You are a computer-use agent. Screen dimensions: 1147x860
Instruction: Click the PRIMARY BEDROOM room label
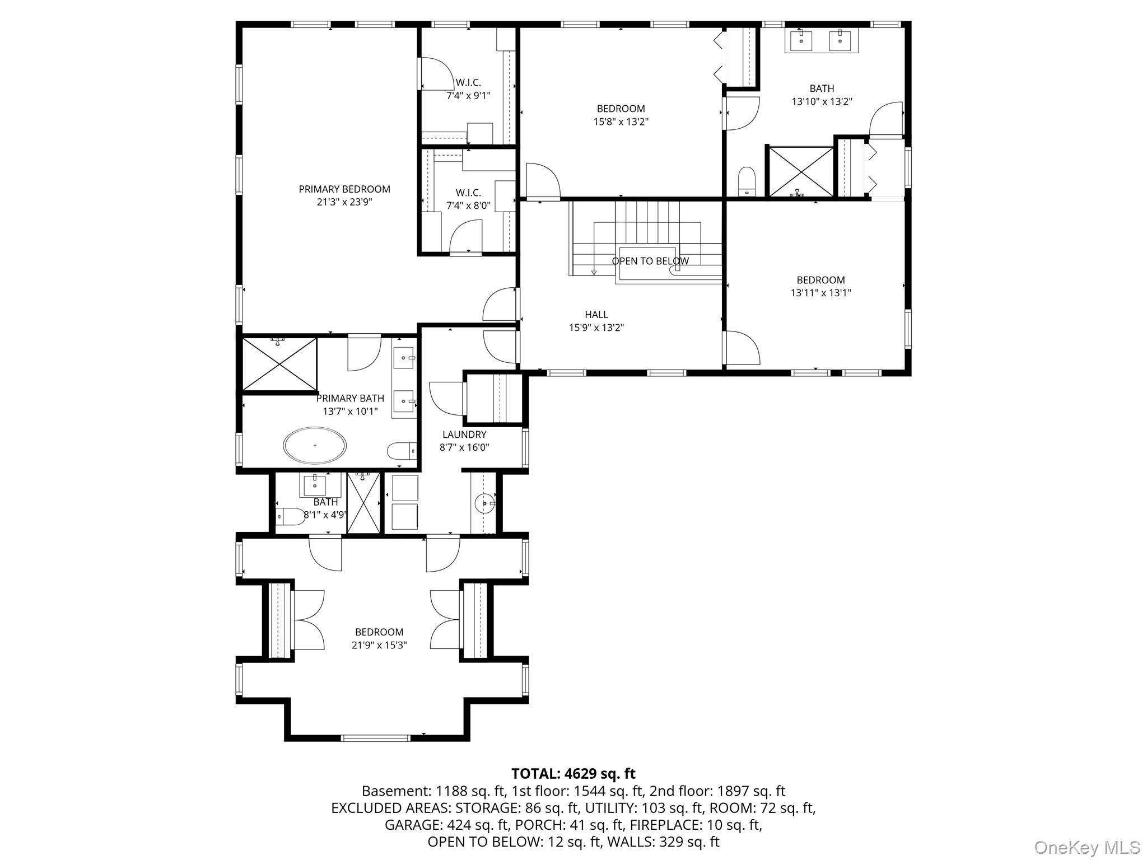pyautogui.click(x=344, y=189)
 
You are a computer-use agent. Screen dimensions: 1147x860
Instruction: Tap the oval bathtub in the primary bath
pyautogui.click(x=315, y=446)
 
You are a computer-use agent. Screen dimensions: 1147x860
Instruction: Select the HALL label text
pyautogui.click(x=596, y=315)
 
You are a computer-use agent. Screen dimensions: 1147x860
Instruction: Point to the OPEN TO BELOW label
pyautogui.click(x=650, y=261)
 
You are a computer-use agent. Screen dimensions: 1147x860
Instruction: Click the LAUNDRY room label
pyautogui.click(x=464, y=434)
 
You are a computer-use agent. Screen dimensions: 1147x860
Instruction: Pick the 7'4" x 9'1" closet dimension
pyautogui.click(x=468, y=95)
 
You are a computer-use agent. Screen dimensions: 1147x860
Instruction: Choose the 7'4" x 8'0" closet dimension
pyautogui.click(x=468, y=205)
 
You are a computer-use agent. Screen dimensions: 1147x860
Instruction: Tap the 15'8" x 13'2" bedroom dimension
pyautogui.click(x=621, y=121)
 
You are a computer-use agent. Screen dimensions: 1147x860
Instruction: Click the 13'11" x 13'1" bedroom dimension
pyautogui.click(x=821, y=292)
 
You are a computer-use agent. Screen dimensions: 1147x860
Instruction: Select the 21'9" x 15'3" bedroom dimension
pyautogui.click(x=379, y=645)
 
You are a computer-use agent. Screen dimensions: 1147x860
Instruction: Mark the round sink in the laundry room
pyautogui.click(x=484, y=503)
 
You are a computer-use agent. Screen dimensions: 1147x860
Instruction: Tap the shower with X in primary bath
pyautogui.click(x=279, y=364)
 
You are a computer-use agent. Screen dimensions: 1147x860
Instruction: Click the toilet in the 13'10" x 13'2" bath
pyautogui.click(x=747, y=181)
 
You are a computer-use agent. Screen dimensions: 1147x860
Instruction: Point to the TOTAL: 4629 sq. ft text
pyautogui.click(x=573, y=774)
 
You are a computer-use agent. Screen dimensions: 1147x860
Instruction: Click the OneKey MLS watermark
pyautogui.click(x=1087, y=847)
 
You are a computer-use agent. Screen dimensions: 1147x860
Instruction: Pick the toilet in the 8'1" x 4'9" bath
pyautogui.click(x=291, y=516)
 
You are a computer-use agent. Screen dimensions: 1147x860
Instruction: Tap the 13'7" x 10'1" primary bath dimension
pyautogui.click(x=350, y=412)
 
